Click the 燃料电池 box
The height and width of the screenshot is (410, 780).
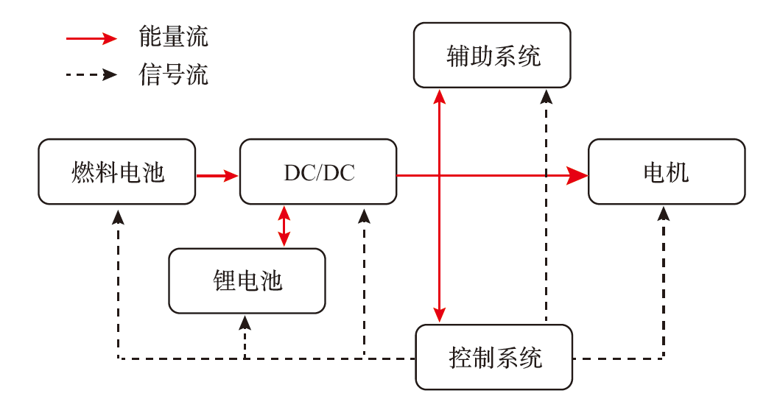coord(117,172)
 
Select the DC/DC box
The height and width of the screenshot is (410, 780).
coord(318,172)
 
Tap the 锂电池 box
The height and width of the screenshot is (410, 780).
coord(247,281)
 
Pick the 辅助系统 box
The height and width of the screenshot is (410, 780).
coord(492,55)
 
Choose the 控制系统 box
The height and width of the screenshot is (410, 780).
coord(494,358)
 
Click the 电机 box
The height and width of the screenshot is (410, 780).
coord(666,172)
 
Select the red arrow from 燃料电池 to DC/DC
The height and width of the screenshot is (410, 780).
coord(217,175)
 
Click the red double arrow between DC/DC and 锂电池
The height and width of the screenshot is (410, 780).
coord(284,226)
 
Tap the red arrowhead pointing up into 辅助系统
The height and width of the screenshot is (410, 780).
coord(440,96)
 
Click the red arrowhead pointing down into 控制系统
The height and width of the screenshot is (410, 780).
coord(440,315)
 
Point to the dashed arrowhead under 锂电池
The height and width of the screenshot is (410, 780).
coord(245,322)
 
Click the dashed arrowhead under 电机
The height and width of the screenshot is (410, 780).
coord(664,213)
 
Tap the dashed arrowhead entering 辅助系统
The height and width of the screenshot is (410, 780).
coord(546,96)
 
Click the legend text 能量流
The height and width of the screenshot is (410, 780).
coord(173,36)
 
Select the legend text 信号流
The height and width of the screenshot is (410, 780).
coord(173,74)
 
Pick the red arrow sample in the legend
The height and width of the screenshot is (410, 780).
coord(92,38)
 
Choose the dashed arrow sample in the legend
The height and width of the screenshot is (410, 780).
coord(92,74)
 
